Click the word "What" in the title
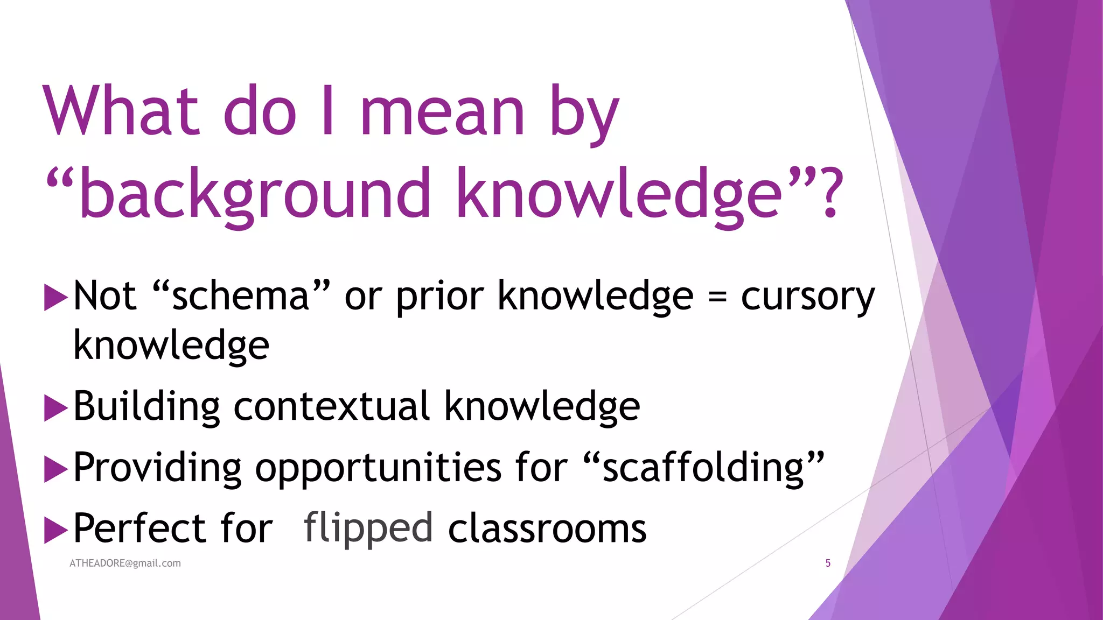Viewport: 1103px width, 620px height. pyautogui.click(x=122, y=111)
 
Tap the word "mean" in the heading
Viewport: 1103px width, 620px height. pyautogui.click(x=443, y=113)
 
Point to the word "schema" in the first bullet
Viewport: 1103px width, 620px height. pyautogui.click(x=240, y=297)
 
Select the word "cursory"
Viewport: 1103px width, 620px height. pyautogui.click(x=808, y=298)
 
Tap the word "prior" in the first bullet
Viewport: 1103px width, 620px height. pyautogui.click(x=440, y=298)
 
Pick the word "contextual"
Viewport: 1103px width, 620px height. pyautogui.click(x=331, y=406)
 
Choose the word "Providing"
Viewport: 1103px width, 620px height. pyautogui.click(x=157, y=468)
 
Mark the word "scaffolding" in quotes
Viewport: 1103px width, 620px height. pyautogui.click(x=703, y=468)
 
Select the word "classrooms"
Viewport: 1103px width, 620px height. pyautogui.click(x=547, y=529)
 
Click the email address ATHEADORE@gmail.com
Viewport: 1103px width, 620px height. pyautogui.click(x=125, y=563)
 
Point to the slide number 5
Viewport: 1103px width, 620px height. pyautogui.click(x=828, y=563)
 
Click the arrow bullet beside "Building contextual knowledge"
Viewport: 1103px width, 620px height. pyautogui.click(x=55, y=408)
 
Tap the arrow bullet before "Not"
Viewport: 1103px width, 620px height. pyautogui.click(x=55, y=298)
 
